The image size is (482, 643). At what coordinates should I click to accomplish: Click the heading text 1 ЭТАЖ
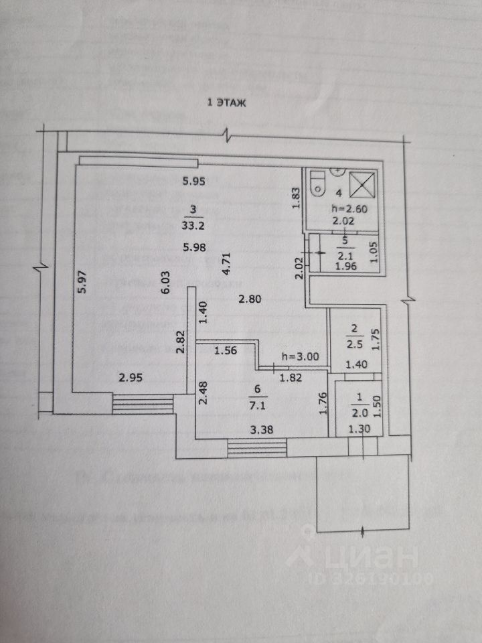pyautogui.click(x=228, y=102)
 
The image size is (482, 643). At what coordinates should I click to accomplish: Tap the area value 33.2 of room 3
pyautogui.click(x=193, y=224)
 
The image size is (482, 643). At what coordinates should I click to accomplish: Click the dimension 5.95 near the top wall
pyautogui.click(x=193, y=180)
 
